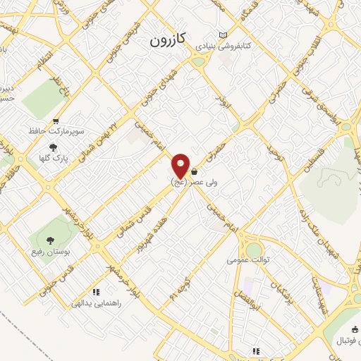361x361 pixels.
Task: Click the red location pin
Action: tap(181, 166)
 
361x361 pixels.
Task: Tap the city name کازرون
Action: tap(167, 41)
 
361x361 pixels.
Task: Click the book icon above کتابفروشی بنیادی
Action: tap(224, 35)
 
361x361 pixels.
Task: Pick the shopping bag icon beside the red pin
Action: tap(193, 171)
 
